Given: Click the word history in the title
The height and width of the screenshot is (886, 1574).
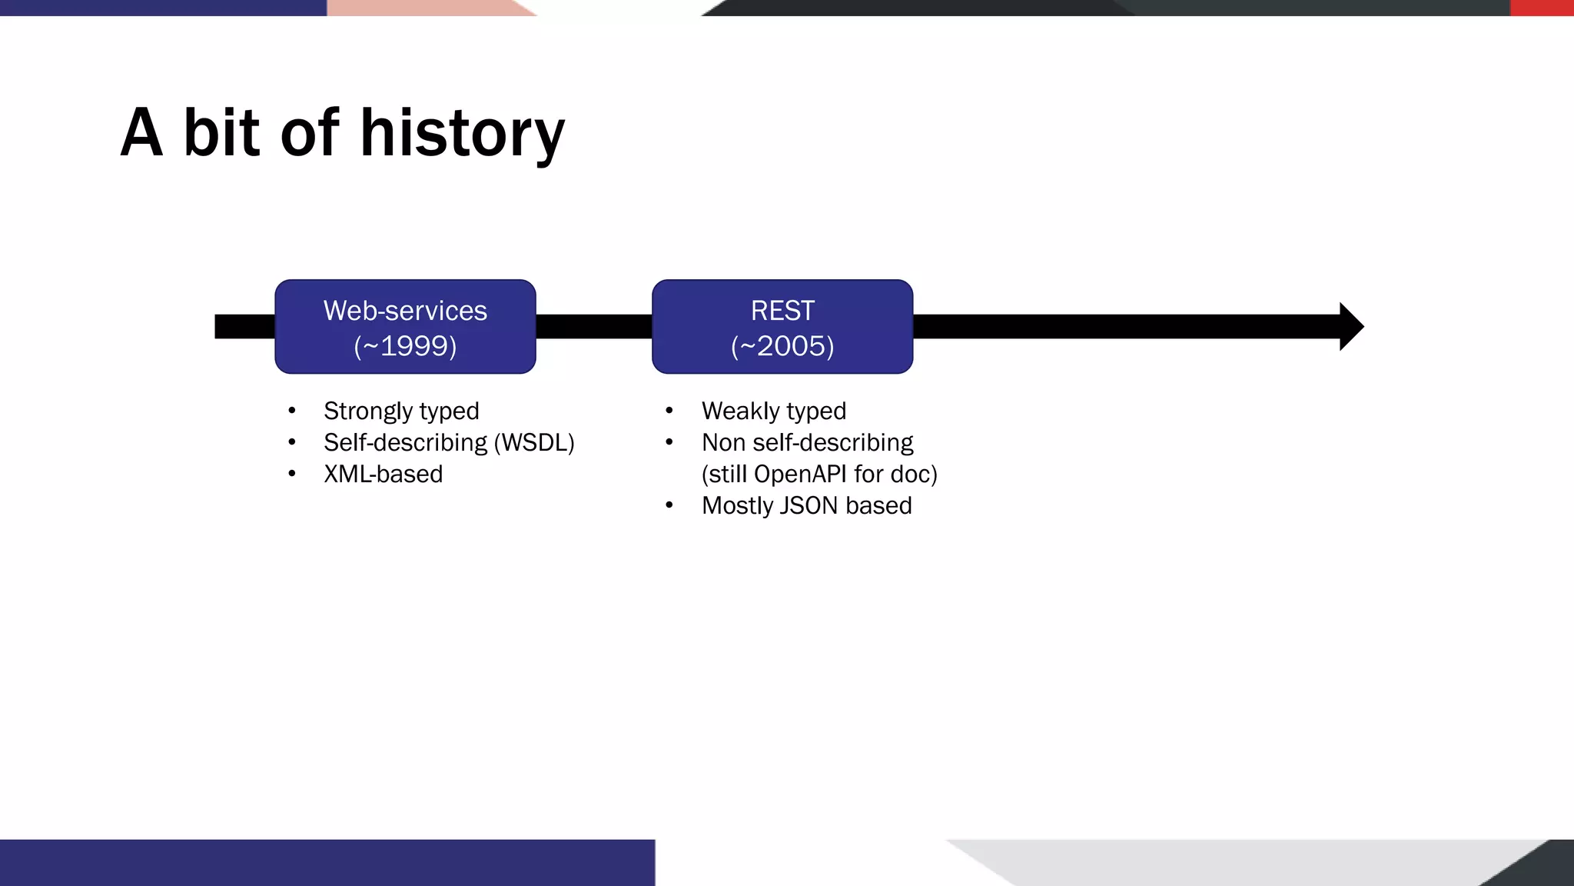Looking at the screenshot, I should click(x=462, y=134).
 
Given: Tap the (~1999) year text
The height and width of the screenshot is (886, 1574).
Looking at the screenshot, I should click(x=405, y=346).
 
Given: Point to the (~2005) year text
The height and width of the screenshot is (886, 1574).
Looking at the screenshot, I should click(x=782, y=346).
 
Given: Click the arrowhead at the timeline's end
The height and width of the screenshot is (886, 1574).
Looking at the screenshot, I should click(x=1350, y=327).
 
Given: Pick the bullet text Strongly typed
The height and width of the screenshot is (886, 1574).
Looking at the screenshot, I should click(x=401, y=411).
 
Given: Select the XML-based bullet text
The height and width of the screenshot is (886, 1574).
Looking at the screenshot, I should click(x=383, y=475).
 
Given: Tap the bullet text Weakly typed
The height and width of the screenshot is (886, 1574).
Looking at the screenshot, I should click(x=773, y=411).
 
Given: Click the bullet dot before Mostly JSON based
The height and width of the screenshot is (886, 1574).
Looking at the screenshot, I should click(x=669, y=505).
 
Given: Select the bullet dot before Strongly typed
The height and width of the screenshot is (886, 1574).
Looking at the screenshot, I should click(x=292, y=411).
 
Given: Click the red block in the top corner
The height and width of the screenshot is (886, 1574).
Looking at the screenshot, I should click(x=1542, y=8).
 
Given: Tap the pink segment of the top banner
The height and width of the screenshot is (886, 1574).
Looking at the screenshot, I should click(x=423, y=8).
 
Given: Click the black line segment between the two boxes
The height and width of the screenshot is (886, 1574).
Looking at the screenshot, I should click(x=593, y=327).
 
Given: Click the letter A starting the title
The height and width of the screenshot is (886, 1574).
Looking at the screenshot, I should click(x=142, y=134).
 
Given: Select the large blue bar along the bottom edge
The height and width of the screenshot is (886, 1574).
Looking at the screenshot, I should click(x=327, y=863).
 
